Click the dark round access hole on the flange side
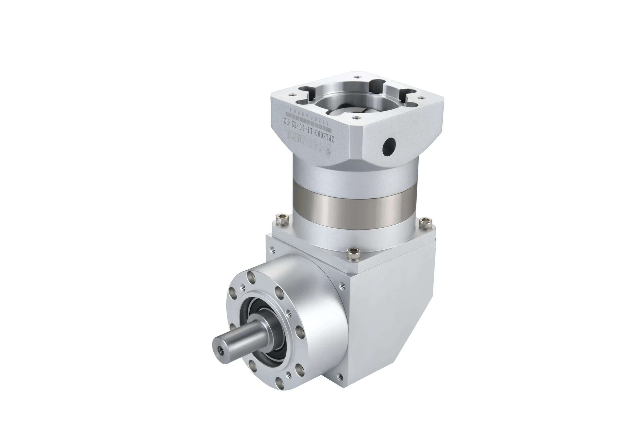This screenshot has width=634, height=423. (389, 146)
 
